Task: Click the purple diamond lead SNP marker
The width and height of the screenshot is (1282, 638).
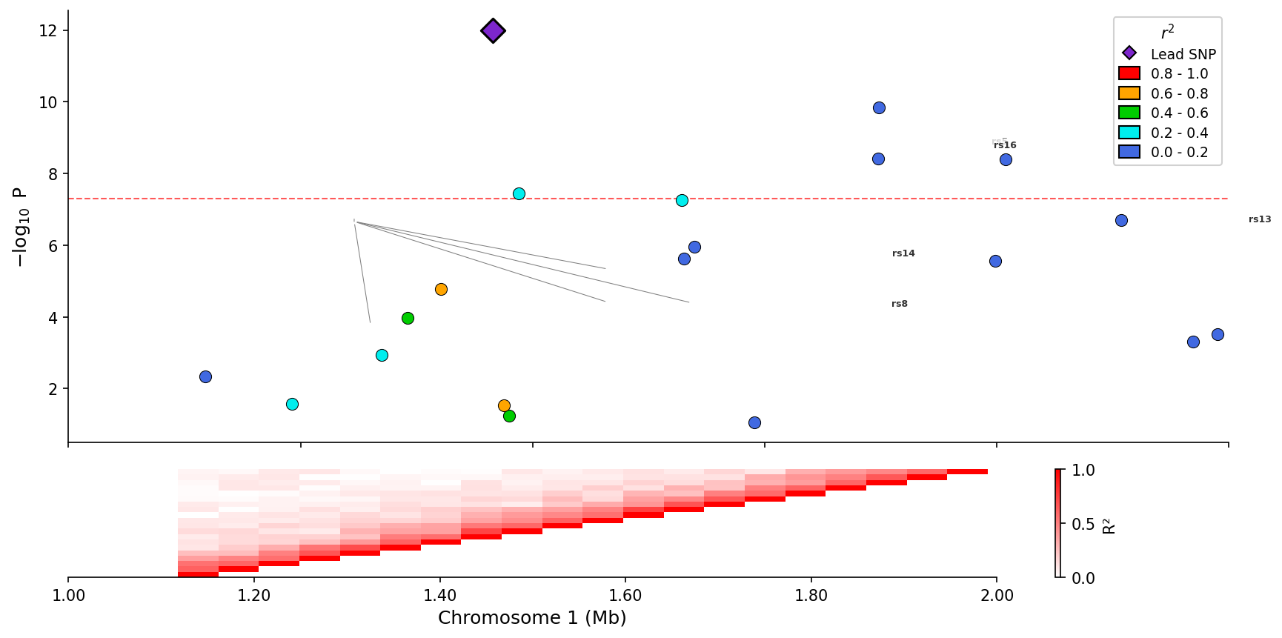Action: [x=493, y=31]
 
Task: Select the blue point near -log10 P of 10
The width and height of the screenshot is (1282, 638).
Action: [x=879, y=108]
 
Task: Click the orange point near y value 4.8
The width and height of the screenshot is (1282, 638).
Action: [x=441, y=290]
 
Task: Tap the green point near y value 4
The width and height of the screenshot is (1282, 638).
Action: [x=408, y=319]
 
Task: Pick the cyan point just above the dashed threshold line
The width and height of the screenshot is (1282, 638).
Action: [x=519, y=194]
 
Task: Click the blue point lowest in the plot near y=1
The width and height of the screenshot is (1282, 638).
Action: [x=754, y=423]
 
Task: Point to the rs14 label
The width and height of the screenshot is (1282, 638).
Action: [x=903, y=254]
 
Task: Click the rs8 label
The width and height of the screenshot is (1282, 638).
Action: [x=900, y=305]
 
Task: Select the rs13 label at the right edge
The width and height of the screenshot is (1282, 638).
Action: [x=1260, y=220]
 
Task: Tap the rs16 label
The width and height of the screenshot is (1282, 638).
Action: [x=1005, y=146]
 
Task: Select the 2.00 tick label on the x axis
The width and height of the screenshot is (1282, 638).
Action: [x=997, y=596]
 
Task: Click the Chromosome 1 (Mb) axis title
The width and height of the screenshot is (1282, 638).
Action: [x=532, y=618]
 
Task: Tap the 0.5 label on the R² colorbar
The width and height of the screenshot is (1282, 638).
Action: [x=1083, y=525]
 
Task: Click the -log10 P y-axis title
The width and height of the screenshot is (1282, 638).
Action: [x=20, y=227]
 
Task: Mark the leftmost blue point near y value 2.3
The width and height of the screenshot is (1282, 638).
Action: [x=205, y=377]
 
